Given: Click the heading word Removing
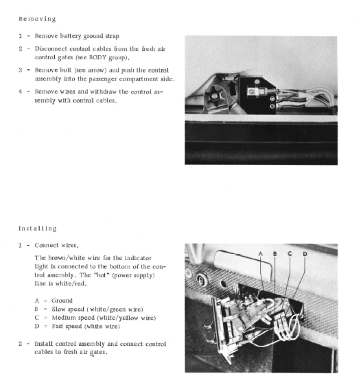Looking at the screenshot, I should point(37,19).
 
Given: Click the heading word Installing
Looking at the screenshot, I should point(37,228).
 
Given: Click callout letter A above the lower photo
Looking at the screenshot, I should point(260,254).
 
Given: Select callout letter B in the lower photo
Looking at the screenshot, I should point(275,254).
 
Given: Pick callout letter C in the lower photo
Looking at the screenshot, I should point(290,254).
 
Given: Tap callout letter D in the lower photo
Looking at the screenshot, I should point(305,254).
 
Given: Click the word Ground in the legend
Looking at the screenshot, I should point(62,301).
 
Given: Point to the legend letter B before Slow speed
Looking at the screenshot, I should point(37,309).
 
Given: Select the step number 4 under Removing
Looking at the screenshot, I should point(21,92).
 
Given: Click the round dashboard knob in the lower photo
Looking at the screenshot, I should point(202,281).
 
